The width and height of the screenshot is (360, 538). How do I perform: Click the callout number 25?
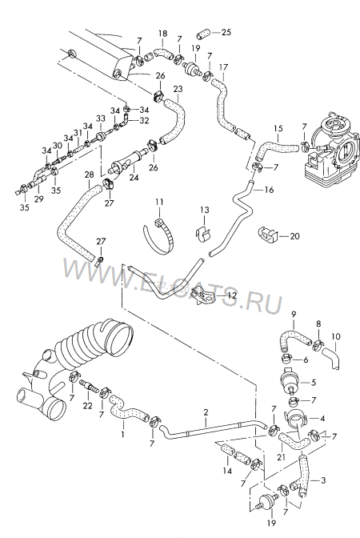tap(226, 32)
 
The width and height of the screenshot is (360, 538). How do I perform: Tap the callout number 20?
tap(295, 236)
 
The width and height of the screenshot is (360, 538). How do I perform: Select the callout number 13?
tap(205, 210)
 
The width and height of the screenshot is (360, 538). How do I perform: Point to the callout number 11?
tap(159, 202)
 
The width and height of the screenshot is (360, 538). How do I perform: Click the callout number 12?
tap(232, 295)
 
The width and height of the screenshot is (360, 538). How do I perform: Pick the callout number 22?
tap(88, 406)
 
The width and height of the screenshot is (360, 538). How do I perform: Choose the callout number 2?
tap(206, 412)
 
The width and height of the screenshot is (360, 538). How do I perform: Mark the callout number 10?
tap(336, 336)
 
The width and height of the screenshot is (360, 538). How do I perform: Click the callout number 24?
tap(134, 178)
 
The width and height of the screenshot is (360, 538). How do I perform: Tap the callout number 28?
tap(89, 175)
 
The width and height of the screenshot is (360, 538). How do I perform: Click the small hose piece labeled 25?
tap(203, 35)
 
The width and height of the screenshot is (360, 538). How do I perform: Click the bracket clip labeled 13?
tap(203, 232)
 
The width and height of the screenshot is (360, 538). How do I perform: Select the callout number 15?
tap(278, 128)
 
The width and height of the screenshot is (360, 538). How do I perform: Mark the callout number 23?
tap(178, 89)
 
